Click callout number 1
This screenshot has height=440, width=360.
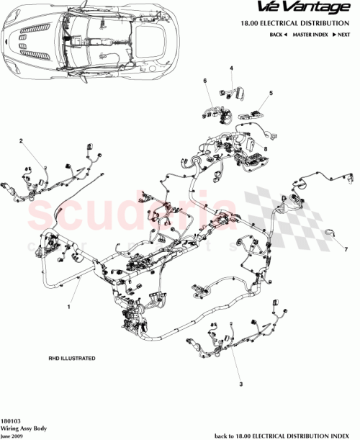tap(68, 307)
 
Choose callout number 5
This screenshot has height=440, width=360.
tap(271, 93)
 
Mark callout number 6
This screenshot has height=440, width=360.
tap(204, 80)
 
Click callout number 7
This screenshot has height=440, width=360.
tap(345, 249)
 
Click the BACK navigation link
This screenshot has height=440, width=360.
tap(278, 35)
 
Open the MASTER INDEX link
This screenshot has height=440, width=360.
tap(309, 35)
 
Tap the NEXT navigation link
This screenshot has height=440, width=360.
tap(343, 35)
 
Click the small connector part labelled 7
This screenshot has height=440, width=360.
tap(330, 232)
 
